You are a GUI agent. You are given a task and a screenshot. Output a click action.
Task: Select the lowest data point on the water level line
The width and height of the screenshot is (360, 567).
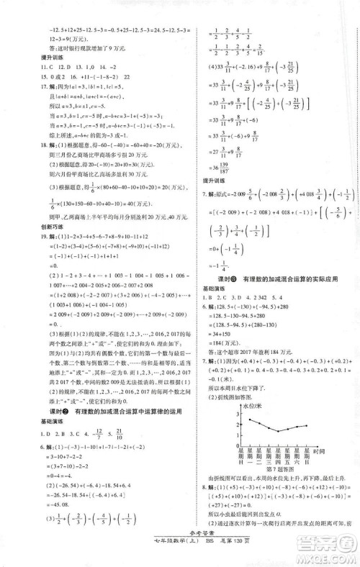[x=280, y=431]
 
